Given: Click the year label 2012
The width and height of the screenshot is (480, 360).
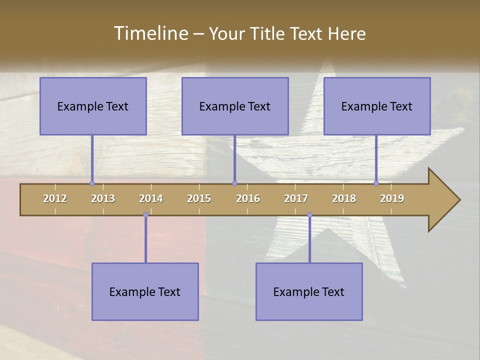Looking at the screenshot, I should coord(55,198).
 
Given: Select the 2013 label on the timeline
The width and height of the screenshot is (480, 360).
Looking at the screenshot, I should coord(103,198).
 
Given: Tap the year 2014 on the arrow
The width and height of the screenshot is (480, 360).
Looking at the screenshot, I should coord(151,198).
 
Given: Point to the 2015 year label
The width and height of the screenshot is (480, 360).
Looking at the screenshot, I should coord(199,198).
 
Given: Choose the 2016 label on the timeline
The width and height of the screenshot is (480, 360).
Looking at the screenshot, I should coord(248,198).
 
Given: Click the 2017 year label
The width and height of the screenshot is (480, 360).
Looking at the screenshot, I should coord(296,198).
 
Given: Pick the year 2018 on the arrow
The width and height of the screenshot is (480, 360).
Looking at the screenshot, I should coord(344,198).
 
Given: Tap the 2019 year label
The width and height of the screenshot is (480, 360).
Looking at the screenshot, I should coord(392,198).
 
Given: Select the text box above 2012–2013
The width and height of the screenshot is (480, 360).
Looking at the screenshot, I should coord(93,106).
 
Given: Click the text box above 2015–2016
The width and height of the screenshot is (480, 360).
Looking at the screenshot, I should coord(235,106).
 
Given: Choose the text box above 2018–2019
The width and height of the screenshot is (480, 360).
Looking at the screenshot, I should coord(377,106).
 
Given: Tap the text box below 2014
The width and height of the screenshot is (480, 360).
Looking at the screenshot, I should coord(145,291).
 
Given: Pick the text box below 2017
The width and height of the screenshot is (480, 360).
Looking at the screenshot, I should coord(309,291).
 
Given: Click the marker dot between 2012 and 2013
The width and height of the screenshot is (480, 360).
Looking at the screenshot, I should coord(92,183).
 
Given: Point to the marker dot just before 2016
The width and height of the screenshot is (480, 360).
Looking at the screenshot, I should coord(234,183).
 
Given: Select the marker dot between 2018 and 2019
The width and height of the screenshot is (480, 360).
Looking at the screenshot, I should coord(376,183).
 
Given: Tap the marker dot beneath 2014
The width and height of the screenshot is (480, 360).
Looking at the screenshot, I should coord(145,215).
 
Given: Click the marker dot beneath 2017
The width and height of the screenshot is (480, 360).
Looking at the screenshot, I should coord(309,215).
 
